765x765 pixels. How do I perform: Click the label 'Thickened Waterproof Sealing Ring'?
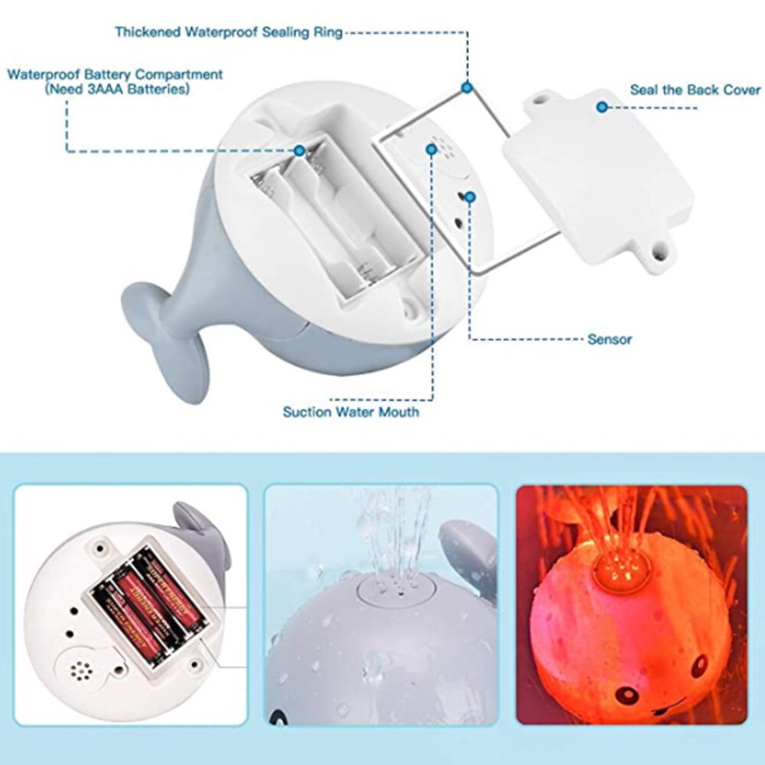point(229,32)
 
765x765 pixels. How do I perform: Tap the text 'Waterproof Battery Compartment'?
point(115,75)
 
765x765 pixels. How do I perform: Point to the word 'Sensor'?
point(610,338)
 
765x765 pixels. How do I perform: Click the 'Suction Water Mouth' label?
point(351,412)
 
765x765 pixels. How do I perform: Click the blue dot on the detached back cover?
point(602,106)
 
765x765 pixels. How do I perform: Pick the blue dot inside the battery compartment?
point(300,151)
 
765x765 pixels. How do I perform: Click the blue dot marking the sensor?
point(470,197)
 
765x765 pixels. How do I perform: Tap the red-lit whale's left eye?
point(627,694)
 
